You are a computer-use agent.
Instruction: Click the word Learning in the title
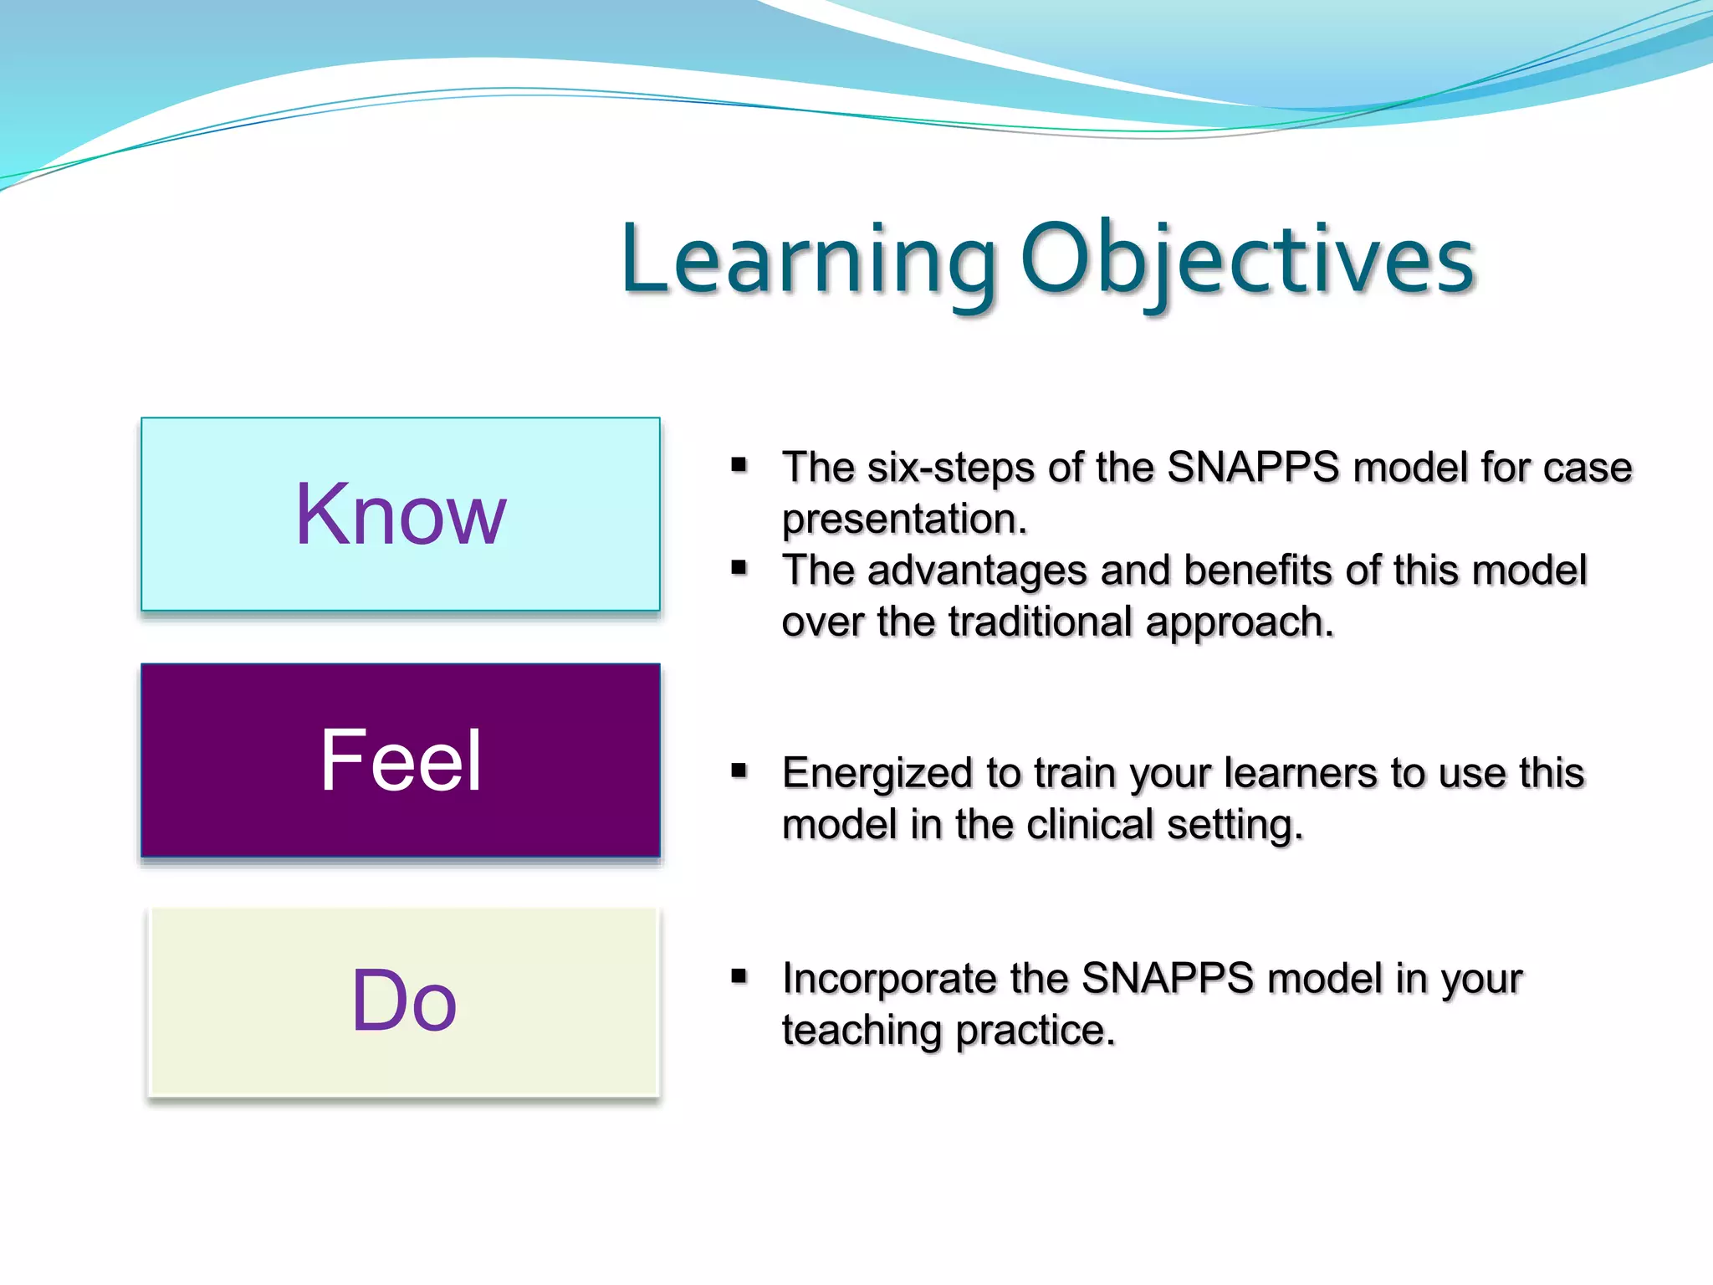(x=808, y=261)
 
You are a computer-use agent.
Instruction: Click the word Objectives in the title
(x=1247, y=261)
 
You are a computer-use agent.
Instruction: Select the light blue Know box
(x=401, y=514)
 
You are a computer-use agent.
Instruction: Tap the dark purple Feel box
(x=401, y=760)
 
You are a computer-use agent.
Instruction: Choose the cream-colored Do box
(x=404, y=1001)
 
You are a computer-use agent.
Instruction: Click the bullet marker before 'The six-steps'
(x=739, y=465)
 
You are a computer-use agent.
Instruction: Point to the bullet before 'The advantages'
(x=739, y=569)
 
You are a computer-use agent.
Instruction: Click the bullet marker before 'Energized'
(x=739, y=770)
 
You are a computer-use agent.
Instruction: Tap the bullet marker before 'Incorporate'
(x=739, y=975)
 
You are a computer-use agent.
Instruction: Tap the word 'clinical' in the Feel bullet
(x=1090, y=825)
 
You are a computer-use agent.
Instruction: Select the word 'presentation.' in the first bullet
(x=904, y=520)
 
